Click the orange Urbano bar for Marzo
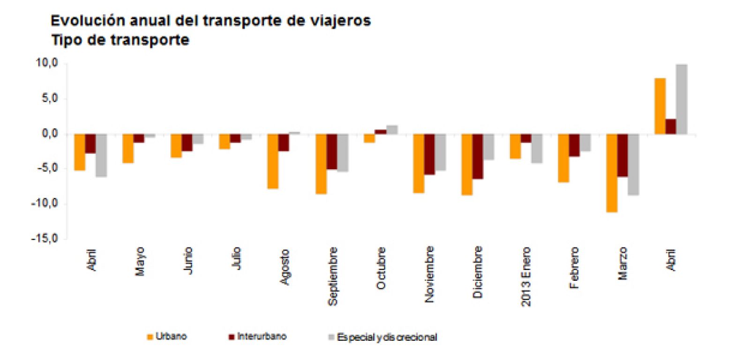click(x=611, y=173)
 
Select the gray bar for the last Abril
click(x=682, y=99)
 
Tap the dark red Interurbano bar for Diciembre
click(x=478, y=157)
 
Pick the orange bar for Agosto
click(x=273, y=161)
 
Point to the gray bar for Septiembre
click(x=343, y=153)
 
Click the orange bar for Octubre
click(x=369, y=138)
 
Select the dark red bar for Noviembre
click(x=429, y=155)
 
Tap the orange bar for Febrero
click(x=563, y=158)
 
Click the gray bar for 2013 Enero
click(x=536, y=149)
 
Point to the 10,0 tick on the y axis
click(x=47, y=63)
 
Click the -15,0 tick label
click(x=45, y=239)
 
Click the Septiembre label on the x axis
click(x=332, y=276)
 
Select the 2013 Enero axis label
click(x=526, y=276)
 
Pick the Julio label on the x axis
click(x=237, y=258)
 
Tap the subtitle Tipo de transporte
click(x=120, y=40)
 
